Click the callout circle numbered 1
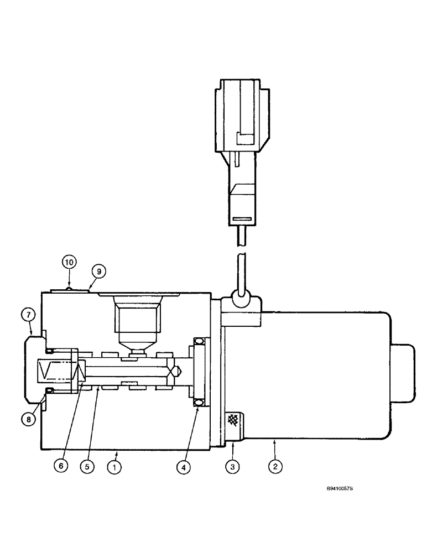pos(114,467)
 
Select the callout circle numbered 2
pos(274,467)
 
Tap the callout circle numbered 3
pos(233,467)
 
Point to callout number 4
pos(184,467)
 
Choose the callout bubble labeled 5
pos(87,467)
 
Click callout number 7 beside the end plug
pos(29,315)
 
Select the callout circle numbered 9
pos(98,272)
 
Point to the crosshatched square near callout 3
pos(233,421)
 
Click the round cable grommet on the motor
pos(241,298)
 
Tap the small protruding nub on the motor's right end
pos(404,373)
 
